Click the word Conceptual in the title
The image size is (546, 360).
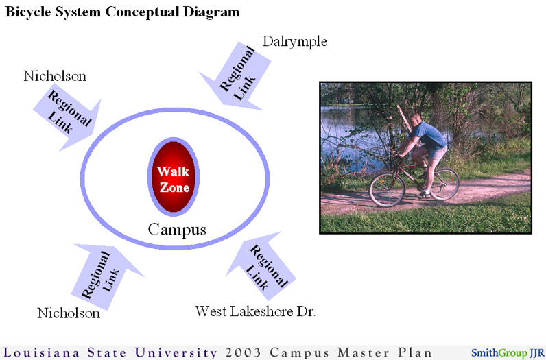tap(142, 12)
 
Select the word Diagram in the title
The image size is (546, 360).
tap(211, 12)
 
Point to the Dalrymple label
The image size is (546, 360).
tap(294, 42)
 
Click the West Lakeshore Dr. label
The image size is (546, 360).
tap(255, 311)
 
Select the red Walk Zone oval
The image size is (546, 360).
tap(174, 176)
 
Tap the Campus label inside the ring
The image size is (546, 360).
tap(177, 230)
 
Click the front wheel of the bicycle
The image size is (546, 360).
tap(388, 190)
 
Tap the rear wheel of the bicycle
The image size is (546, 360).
tap(444, 184)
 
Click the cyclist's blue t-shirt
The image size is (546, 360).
tap(430, 135)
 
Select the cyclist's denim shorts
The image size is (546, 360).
tap(437, 152)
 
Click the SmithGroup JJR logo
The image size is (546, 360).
tap(508, 352)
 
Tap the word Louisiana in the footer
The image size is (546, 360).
tap(41, 352)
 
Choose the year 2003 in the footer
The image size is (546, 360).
tap(243, 352)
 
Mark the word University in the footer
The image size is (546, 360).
tap(176, 352)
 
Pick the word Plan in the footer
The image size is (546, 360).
tap(415, 352)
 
